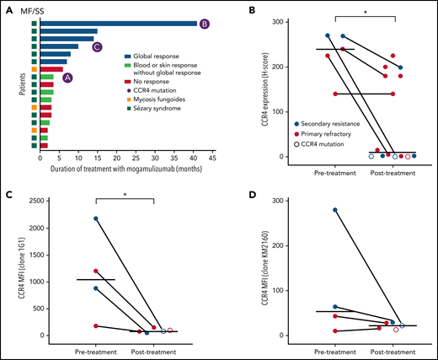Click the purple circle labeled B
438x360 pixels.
[205, 24]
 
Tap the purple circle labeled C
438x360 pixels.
[97, 46]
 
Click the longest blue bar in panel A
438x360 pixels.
[118, 24]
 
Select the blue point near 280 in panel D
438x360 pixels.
[312, 210]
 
